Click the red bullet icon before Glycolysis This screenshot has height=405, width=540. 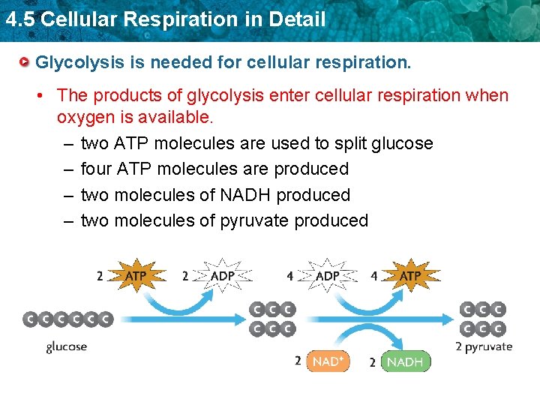point(26,61)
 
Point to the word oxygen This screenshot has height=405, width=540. point(87,118)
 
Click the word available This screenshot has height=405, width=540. point(175,118)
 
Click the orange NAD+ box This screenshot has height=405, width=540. point(328,361)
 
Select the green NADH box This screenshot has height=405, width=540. point(406,361)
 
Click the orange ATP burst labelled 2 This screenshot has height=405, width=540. point(135,276)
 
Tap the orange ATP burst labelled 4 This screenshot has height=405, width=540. point(409,276)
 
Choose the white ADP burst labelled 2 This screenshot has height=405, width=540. point(222,276)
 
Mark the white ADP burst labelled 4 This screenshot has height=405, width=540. point(327,276)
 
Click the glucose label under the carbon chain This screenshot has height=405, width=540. point(67,346)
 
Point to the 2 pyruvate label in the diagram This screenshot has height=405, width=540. point(484,346)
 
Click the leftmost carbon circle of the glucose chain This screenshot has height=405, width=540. point(31,319)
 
